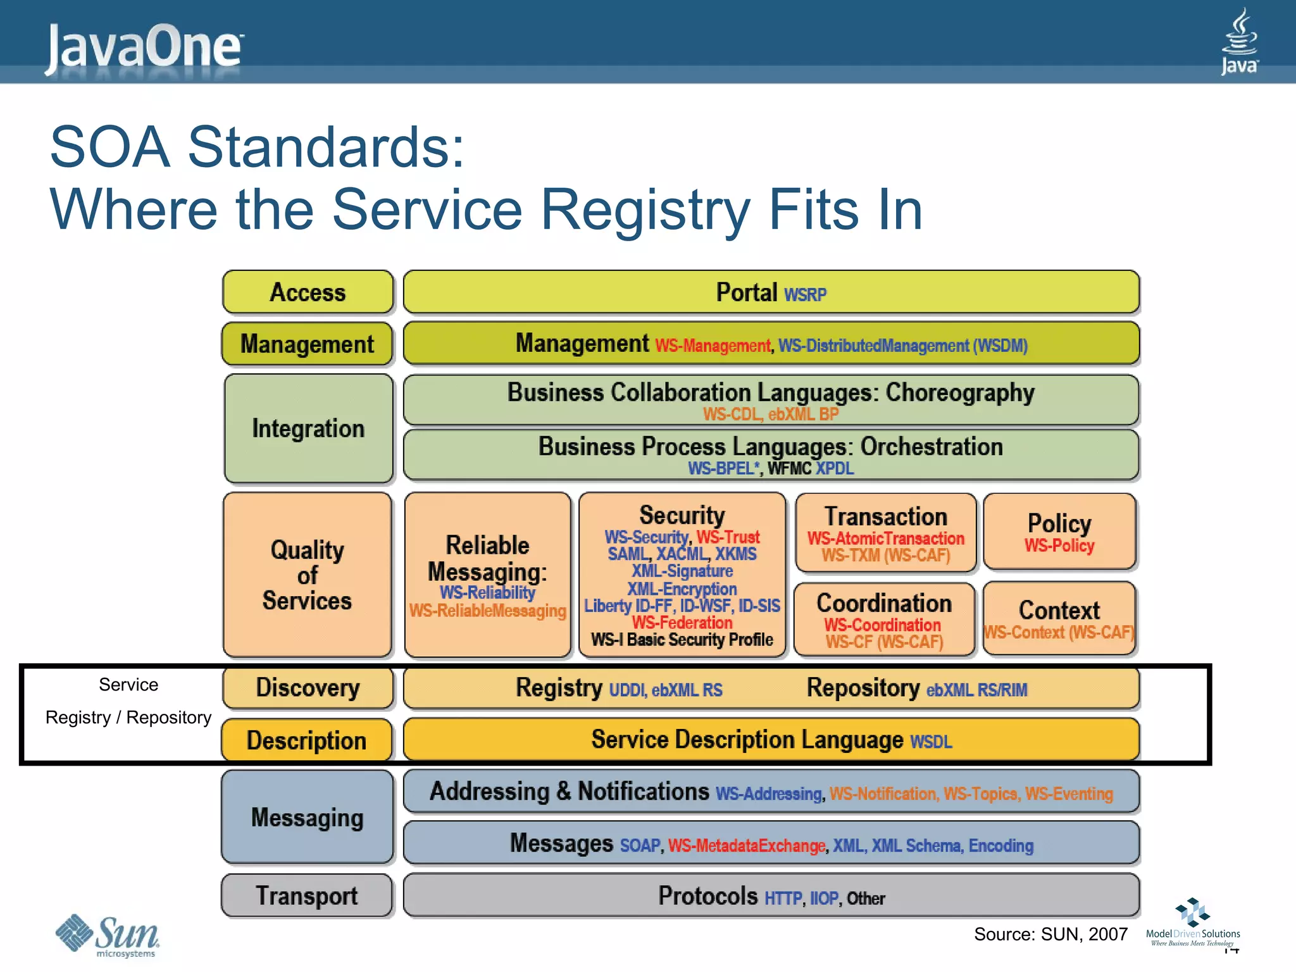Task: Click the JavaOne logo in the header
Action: pos(144,47)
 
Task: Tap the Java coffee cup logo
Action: pos(1239,41)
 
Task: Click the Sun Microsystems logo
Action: pos(108,935)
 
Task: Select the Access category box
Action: pos(308,292)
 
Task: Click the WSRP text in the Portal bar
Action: pos(805,295)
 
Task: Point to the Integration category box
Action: pos(308,428)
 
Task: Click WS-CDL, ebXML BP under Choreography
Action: pos(770,414)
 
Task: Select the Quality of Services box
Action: pos(308,575)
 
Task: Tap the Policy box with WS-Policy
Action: pos(1059,532)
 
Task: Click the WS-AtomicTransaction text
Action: pos(885,539)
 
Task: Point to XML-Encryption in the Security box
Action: pos(682,589)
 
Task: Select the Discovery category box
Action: pos(308,688)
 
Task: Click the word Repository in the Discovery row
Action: pos(863,688)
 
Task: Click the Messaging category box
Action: pos(308,817)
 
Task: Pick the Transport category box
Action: pos(307,895)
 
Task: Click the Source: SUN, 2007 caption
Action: pos(1050,934)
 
